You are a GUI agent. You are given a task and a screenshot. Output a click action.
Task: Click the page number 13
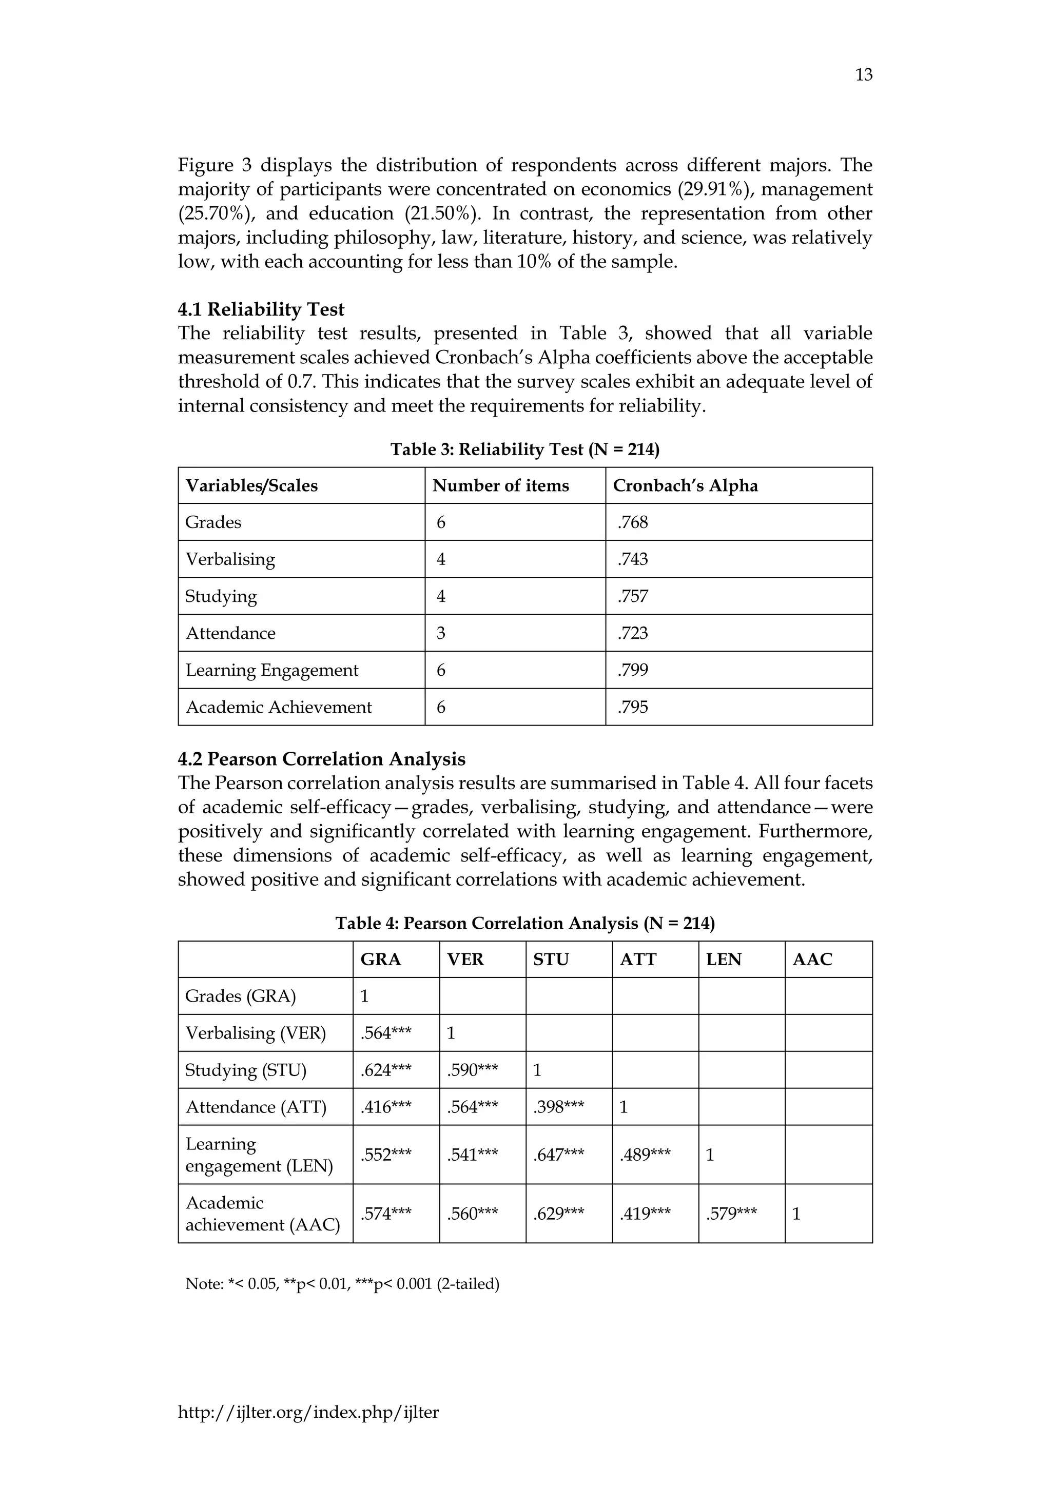863,75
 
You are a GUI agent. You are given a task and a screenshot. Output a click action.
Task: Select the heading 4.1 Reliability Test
261,309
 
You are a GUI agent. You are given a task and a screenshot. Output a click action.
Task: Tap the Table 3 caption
525,449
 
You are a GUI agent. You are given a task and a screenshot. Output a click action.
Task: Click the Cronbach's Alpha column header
685,485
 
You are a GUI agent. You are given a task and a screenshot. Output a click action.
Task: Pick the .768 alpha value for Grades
632,522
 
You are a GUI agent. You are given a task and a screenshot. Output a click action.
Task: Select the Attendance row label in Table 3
230,633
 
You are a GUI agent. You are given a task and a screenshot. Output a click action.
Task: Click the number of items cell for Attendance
441,633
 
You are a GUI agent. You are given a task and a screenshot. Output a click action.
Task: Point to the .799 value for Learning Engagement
632,670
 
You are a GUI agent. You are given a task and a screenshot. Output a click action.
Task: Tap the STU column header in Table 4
551,959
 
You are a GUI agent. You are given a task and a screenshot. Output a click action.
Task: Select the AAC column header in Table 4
812,959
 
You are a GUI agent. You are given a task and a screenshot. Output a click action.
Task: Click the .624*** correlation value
386,1070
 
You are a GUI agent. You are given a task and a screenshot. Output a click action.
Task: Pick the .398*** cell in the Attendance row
558,1107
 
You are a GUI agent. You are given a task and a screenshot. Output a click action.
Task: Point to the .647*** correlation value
558,1155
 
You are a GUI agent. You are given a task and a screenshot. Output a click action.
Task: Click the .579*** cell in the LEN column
731,1214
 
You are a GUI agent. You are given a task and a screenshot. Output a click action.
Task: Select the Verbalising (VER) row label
256,1033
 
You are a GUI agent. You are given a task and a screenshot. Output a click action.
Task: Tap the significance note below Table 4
342,1283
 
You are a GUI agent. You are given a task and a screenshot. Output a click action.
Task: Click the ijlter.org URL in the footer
308,1412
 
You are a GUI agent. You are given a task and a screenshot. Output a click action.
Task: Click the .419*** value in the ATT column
645,1214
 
